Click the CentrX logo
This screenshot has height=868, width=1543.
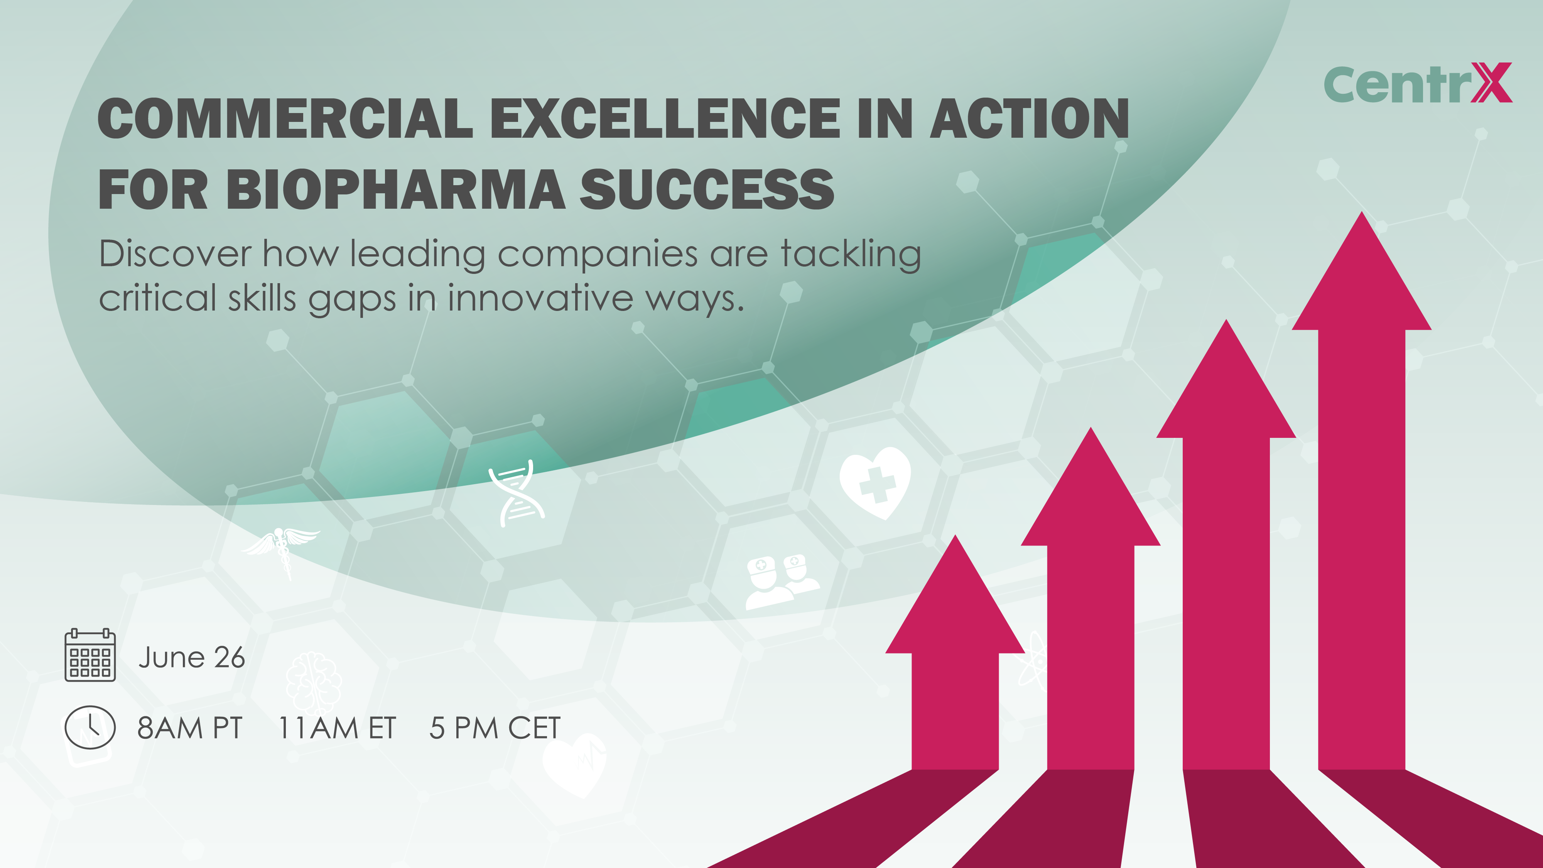click(x=1417, y=83)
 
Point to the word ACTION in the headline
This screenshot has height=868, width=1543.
click(x=1029, y=118)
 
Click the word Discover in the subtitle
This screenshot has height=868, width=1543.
click(x=175, y=254)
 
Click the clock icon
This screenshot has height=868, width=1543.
click(x=90, y=727)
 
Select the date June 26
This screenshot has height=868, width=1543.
click(x=192, y=658)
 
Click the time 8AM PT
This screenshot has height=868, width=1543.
click(x=190, y=728)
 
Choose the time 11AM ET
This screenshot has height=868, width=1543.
click(x=337, y=728)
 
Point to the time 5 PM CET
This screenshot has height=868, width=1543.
click(x=495, y=728)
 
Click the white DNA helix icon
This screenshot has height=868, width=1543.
click(x=517, y=494)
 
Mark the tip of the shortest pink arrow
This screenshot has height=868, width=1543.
click(x=956, y=535)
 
